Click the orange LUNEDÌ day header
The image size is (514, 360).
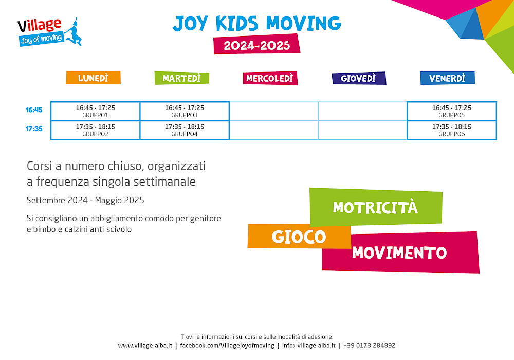[x=93, y=78]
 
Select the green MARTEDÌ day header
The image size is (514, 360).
[x=181, y=78]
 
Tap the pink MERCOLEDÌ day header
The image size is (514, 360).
[x=270, y=78]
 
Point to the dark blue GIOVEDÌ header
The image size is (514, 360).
[x=359, y=78]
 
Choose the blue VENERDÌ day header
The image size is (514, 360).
[x=448, y=78]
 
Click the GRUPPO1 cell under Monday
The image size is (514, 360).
[x=96, y=111]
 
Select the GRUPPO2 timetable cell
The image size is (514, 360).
[x=96, y=130]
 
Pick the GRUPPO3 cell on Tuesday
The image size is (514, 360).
[x=185, y=111]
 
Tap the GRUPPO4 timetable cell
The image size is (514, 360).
[x=185, y=130]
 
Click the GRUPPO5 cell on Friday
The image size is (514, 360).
[x=452, y=111]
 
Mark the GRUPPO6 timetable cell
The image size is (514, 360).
[x=452, y=130]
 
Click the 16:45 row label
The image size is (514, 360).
[x=34, y=110]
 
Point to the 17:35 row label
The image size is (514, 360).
[x=34, y=129]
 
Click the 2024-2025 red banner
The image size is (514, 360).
[x=257, y=44]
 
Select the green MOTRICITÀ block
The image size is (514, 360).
[x=376, y=207]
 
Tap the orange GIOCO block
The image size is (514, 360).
[x=299, y=236]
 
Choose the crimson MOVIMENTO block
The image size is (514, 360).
[x=400, y=253]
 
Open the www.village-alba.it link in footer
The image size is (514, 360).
[x=145, y=345]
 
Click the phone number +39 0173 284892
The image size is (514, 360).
[x=369, y=345]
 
